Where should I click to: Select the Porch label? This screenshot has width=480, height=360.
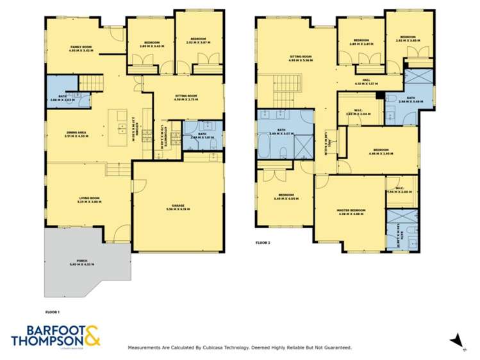(x=82, y=262)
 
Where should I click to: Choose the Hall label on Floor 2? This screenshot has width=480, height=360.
(x=367, y=81)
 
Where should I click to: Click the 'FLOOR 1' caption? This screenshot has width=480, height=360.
(x=52, y=311)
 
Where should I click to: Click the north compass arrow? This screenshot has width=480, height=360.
(x=454, y=338)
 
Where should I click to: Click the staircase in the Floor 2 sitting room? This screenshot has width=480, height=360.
(x=284, y=84)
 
